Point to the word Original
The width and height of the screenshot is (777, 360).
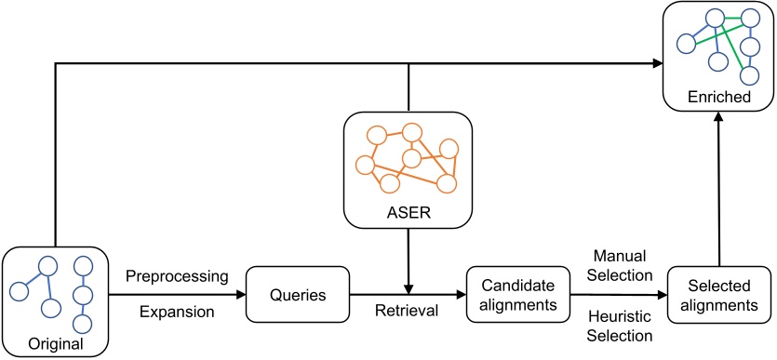point(55,343)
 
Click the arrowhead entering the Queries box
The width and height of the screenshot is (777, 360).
point(239,296)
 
